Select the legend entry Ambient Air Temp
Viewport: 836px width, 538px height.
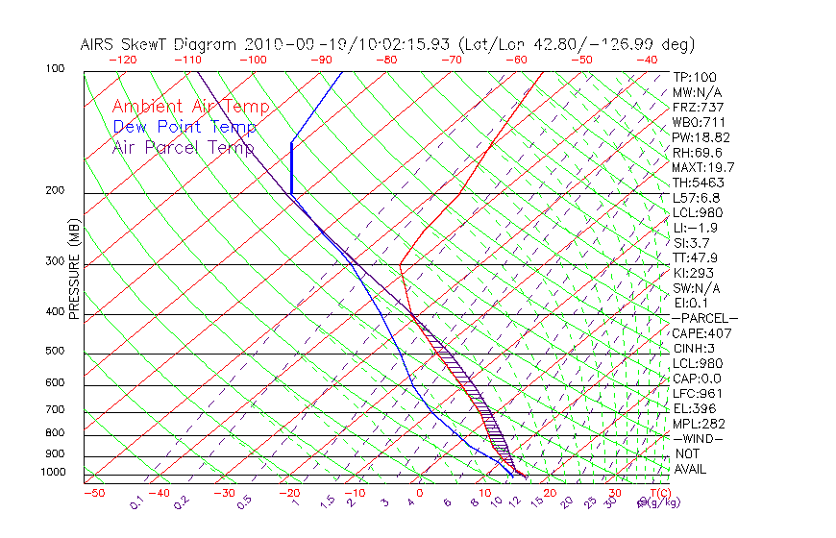[191, 107]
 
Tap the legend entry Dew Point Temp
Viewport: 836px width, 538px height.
[184, 127]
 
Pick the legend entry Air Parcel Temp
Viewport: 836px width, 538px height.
[184, 147]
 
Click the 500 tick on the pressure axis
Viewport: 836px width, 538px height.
[56, 352]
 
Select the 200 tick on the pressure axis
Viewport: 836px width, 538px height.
[56, 191]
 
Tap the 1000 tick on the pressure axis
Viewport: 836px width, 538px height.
[53, 473]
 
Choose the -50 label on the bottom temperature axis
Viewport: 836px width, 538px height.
[93, 493]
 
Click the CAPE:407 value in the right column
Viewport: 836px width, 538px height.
[702, 333]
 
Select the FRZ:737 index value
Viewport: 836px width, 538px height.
[699, 107]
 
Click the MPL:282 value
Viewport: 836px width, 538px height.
[699, 424]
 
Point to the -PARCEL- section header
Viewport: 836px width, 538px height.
[704, 318]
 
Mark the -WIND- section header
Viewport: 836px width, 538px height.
[698, 439]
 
